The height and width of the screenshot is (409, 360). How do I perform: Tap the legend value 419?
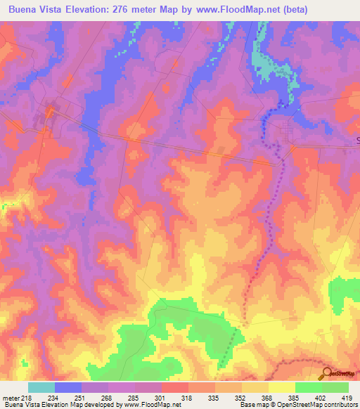pyautogui.click(x=349, y=397)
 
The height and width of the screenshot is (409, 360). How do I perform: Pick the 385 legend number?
pyautogui.click(x=295, y=397)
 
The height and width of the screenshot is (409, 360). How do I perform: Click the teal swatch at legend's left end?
pyautogui.click(x=41, y=387)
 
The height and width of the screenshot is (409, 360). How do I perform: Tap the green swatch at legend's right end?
pyautogui.click(x=335, y=387)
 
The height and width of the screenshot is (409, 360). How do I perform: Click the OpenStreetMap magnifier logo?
pyautogui.click(x=328, y=374)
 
